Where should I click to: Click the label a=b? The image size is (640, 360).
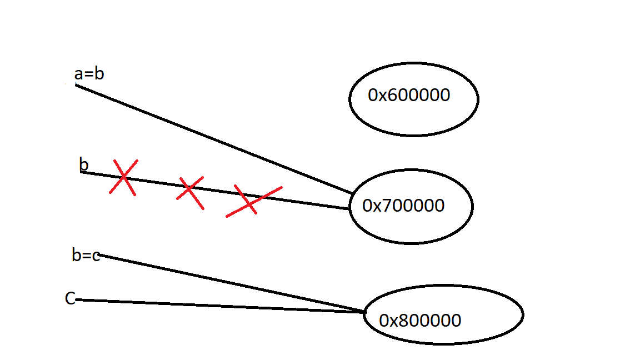(89, 74)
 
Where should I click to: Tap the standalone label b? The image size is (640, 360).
(84, 164)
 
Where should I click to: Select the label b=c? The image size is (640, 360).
(86, 256)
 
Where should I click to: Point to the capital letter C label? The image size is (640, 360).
(70, 299)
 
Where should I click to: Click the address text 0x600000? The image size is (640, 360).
(409, 96)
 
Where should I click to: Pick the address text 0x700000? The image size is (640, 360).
(403, 206)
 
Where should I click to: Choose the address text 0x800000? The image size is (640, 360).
(420, 321)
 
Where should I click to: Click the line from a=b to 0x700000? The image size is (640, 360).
(214, 139)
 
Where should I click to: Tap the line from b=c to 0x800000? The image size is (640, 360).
(233, 283)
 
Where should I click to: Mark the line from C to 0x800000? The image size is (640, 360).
(222, 306)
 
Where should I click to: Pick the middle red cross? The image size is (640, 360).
(190, 192)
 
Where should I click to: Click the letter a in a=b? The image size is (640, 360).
(78, 74)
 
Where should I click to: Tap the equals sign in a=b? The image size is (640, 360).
(88, 74)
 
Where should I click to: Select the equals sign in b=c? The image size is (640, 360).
(86, 256)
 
